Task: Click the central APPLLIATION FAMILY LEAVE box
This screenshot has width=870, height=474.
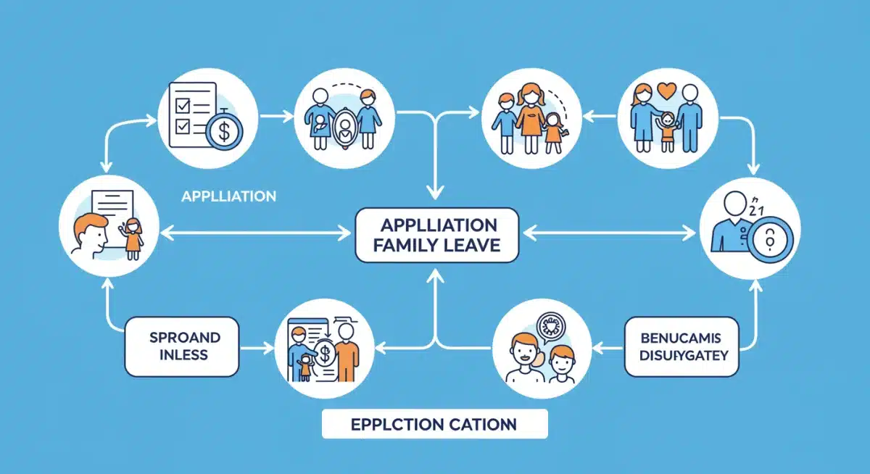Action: point(436,234)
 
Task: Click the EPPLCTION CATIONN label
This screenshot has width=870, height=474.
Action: point(434,424)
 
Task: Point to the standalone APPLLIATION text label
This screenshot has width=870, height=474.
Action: point(228,196)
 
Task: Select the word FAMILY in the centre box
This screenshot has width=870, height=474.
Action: point(404,245)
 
